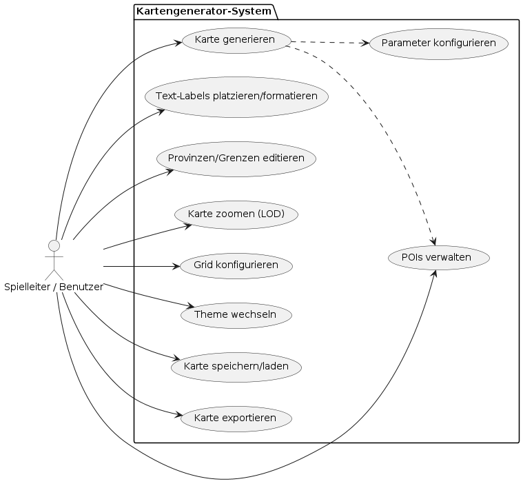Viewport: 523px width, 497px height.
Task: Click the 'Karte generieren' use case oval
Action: tap(236, 40)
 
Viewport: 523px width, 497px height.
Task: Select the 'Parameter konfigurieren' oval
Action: tap(439, 43)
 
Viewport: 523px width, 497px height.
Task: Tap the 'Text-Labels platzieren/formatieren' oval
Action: tap(236, 96)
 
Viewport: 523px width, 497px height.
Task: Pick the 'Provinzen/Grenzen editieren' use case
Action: tap(236, 158)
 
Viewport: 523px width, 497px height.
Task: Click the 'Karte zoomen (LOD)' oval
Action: tap(236, 214)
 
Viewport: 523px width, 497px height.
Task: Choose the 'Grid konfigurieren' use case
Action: tap(236, 265)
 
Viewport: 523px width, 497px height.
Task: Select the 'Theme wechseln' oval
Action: tap(236, 315)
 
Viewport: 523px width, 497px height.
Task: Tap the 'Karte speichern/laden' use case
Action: tap(236, 365)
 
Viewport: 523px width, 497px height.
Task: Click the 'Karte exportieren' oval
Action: tap(236, 418)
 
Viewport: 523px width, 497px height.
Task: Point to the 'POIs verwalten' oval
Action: tap(439, 257)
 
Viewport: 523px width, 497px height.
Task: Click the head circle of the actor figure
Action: tap(54, 245)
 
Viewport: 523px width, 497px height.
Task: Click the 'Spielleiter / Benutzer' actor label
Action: tap(54, 287)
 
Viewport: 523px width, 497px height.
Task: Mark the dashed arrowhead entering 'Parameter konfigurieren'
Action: tap(366, 43)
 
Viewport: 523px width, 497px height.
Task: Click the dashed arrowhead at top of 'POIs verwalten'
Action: tap(433, 242)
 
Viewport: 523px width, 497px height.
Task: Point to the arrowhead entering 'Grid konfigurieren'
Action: tap(176, 265)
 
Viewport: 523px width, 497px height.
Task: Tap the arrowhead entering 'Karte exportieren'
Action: tap(178, 415)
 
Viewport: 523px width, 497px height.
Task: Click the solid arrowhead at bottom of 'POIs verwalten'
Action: tap(435, 273)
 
